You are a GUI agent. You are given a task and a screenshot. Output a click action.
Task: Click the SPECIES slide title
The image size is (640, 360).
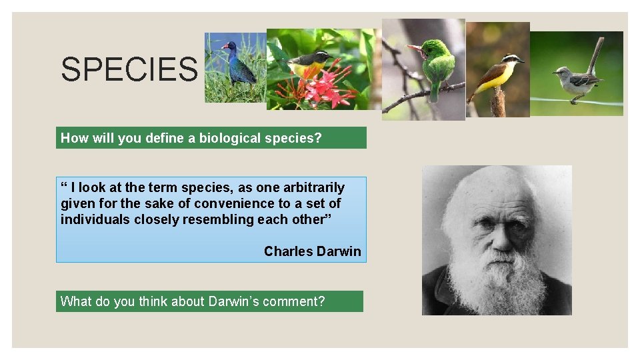pos(129,69)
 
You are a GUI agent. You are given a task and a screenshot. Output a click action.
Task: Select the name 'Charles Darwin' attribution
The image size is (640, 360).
pos(312,251)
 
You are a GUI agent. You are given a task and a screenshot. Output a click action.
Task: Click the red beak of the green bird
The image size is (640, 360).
pos(415,48)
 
